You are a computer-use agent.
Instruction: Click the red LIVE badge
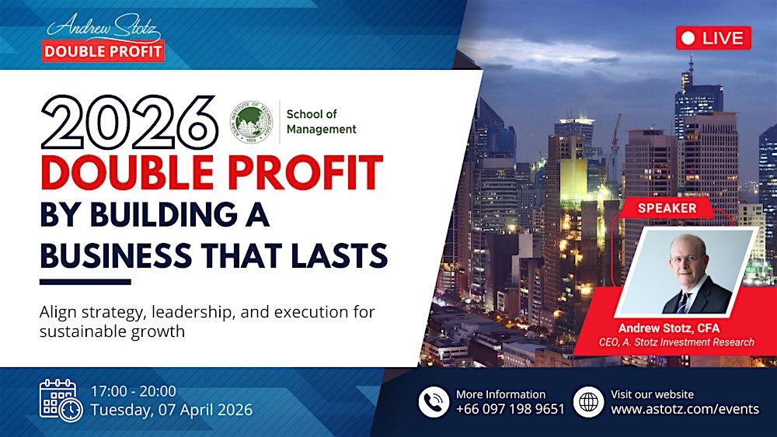(713, 37)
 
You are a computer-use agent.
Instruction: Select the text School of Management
(321, 122)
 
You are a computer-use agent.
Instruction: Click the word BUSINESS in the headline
(120, 254)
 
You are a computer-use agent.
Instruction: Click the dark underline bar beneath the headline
(85, 282)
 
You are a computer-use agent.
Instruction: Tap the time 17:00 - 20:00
(134, 391)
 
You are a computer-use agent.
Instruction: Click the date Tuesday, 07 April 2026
(172, 410)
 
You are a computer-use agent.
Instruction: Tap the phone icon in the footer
(434, 401)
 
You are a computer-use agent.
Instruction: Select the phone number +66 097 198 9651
(510, 409)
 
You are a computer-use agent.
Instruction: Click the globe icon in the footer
(588, 401)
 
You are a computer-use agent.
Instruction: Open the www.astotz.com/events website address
(685, 409)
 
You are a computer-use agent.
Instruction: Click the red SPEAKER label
(667, 208)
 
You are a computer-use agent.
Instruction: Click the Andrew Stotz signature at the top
(103, 29)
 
